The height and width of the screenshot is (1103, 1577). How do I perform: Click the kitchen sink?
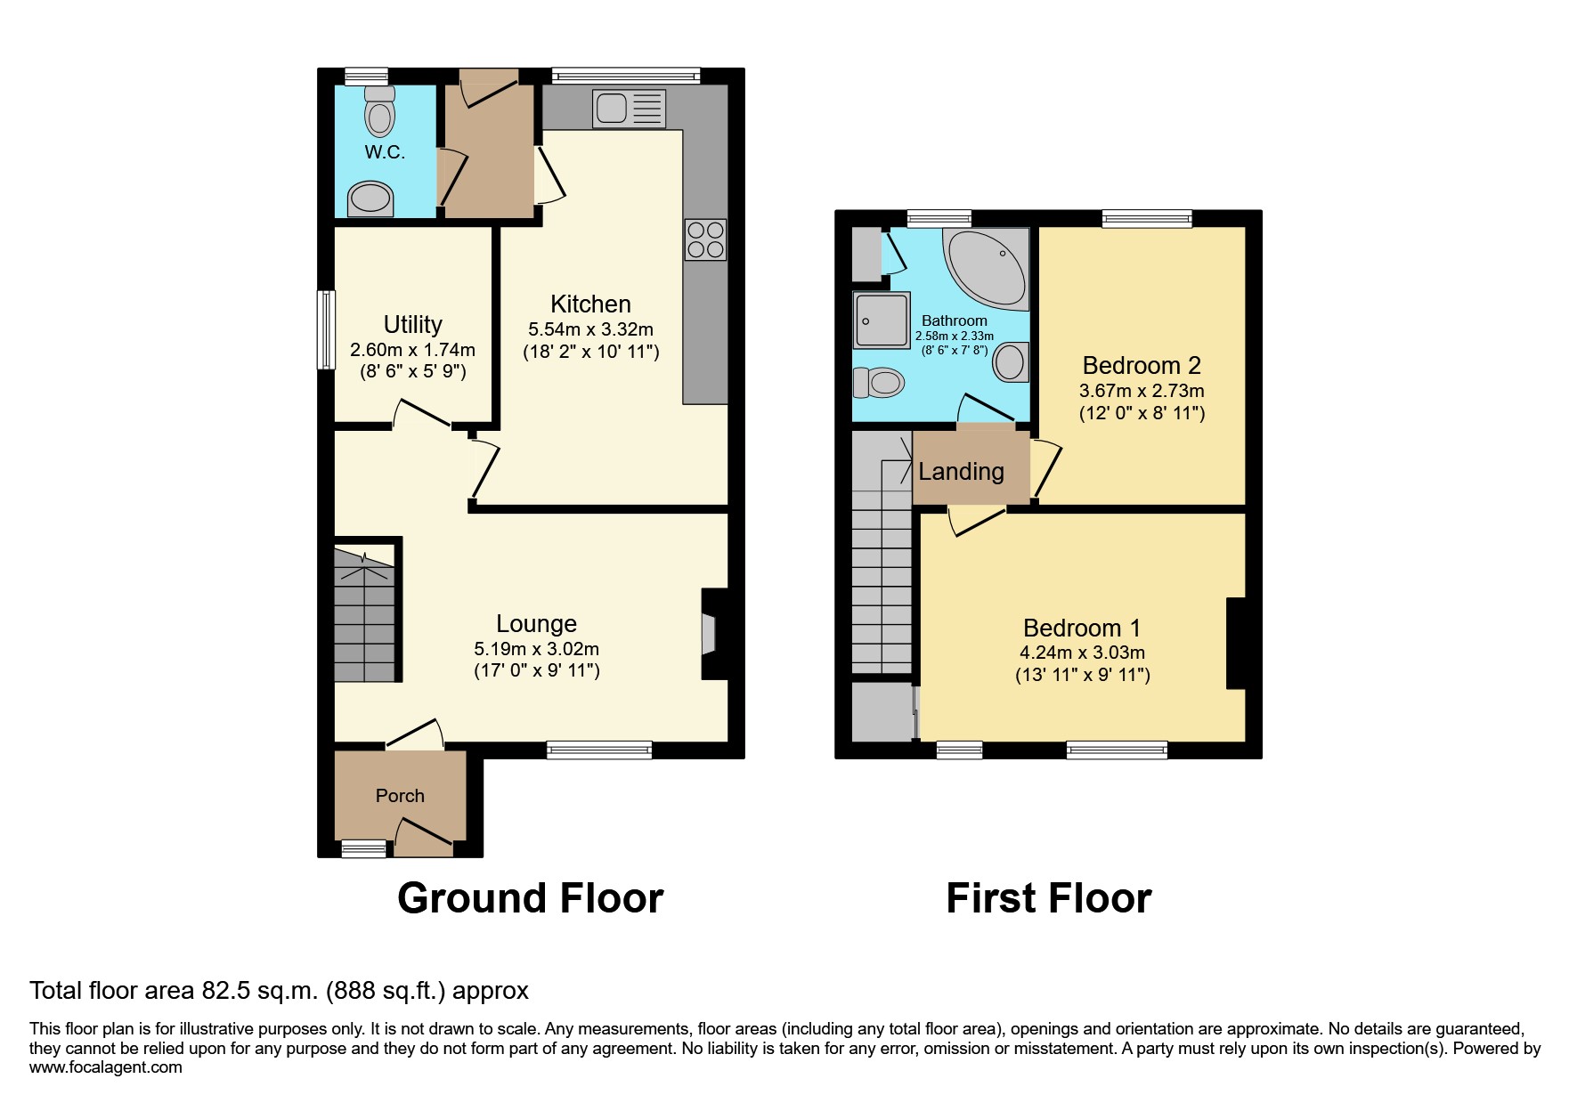(x=628, y=109)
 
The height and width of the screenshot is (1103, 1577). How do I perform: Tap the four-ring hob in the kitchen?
(x=705, y=239)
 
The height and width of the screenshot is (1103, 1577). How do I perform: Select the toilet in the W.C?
(x=380, y=110)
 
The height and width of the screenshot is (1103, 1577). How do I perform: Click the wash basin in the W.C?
(x=370, y=199)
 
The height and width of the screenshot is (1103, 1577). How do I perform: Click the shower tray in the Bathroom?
(x=882, y=320)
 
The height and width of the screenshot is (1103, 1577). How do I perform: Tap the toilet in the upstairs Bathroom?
(x=879, y=383)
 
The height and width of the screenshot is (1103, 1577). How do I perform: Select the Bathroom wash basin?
(x=1011, y=362)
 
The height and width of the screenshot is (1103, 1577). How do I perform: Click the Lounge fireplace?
(x=714, y=634)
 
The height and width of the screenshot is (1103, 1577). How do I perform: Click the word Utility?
(x=413, y=324)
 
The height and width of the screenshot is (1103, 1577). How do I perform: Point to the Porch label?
(x=400, y=796)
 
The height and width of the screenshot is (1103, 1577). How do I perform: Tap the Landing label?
(x=961, y=472)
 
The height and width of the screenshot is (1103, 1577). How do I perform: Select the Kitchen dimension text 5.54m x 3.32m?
(x=590, y=329)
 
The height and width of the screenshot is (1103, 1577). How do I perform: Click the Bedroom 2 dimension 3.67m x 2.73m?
(x=1142, y=391)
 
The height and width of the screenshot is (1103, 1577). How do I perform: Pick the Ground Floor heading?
(x=531, y=898)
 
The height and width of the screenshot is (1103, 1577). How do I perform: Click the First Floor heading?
(x=1049, y=898)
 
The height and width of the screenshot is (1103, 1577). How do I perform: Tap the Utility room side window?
(x=327, y=329)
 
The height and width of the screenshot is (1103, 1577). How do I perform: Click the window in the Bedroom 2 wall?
(x=1146, y=218)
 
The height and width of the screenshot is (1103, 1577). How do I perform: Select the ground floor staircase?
(x=364, y=615)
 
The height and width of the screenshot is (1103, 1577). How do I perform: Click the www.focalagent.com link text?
(x=106, y=1067)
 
